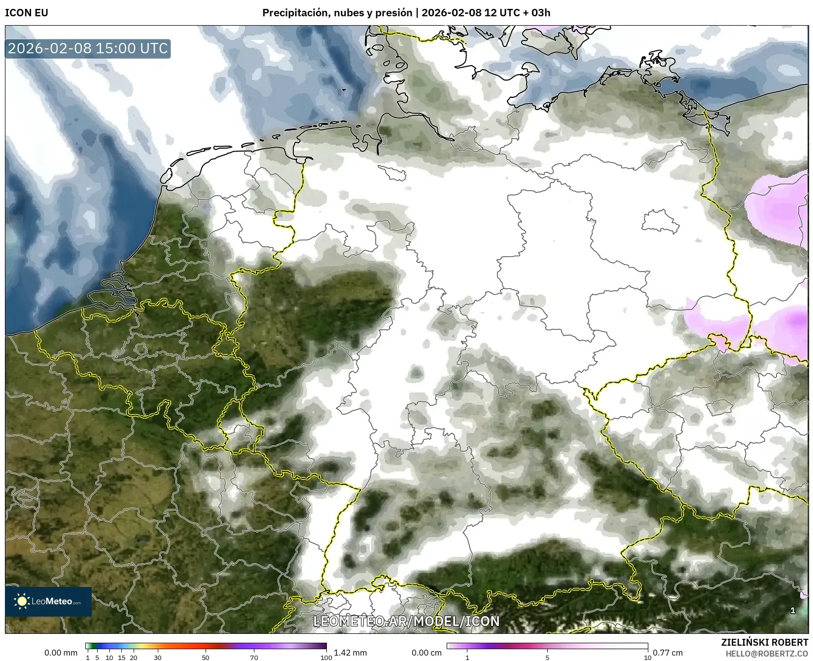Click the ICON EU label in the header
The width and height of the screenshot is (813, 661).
pyautogui.click(x=27, y=13)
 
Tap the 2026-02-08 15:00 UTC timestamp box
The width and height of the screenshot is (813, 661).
pyautogui.click(x=88, y=48)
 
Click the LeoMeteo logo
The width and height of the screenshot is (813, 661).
pyautogui.click(x=48, y=601)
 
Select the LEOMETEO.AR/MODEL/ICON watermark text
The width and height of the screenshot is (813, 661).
pyautogui.click(x=406, y=621)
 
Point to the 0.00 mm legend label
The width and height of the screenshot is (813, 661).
pyautogui.click(x=61, y=653)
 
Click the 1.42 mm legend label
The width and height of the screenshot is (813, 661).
pyautogui.click(x=350, y=653)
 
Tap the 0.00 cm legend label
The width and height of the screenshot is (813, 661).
pyautogui.click(x=426, y=653)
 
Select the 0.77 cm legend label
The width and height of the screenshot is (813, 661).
pyautogui.click(x=668, y=653)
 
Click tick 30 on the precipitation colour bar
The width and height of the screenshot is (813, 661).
pyautogui.click(x=157, y=657)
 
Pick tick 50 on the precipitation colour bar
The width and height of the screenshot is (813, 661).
pyautogui.click(x=206, y=657)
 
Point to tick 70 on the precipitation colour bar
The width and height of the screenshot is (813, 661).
pyautogui.click(x=254, y=657)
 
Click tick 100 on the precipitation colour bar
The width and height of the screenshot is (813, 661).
pyautogui.click(x=326, y=657)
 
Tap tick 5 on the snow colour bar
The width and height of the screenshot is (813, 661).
pyautogui.click(x=547, y=657)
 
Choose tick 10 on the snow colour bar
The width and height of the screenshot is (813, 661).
pyautogui.click(x=647, y=657)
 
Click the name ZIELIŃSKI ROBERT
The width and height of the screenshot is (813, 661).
pyautogui.click(x=765, y=642)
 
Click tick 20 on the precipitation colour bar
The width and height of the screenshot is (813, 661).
pyautogui.click(x=133, y=657)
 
